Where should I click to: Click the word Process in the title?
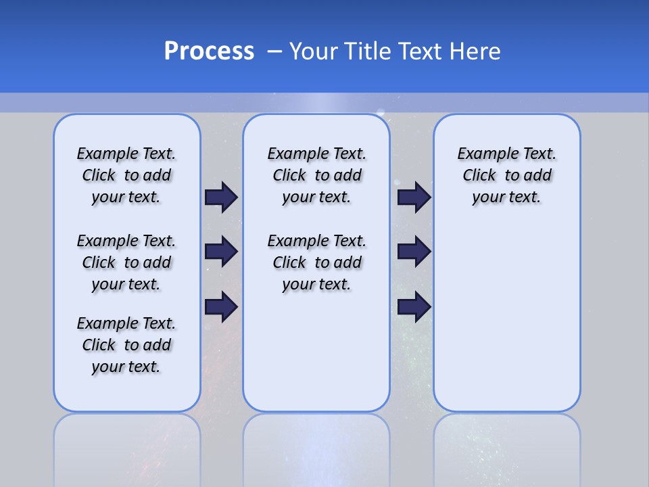(x=209, y=51)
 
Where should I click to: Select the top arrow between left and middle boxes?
(x=221, y=197)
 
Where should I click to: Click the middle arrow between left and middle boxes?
(x=221, y=252)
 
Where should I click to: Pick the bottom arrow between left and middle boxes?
(x=221, y=307)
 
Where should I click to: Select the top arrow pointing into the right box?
(x=414, y=197)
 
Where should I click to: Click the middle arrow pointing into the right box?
(x=414, y=252)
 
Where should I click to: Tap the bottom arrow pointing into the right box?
(x=414, y=307)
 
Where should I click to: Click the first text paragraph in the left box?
(x=126, y=175)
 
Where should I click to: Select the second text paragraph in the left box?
(x=126, y=262)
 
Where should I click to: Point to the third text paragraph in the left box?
(x=126, y=345)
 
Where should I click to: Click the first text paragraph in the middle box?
(x=316, y=175)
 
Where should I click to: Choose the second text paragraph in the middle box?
(x=316, y=262)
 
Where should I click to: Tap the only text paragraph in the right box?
(x=506, y=175)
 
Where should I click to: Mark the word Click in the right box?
(x=479, y=176)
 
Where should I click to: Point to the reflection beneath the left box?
(x=127, y=446)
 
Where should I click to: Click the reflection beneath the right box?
(x=506, y=446)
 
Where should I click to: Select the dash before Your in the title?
(x=274, y=51)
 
